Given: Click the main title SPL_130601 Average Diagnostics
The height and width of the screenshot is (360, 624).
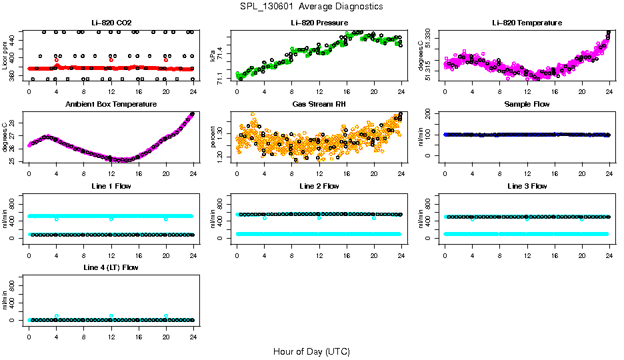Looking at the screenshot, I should pyautogui.click(x=312, y=6).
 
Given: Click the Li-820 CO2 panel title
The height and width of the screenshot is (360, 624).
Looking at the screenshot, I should pyautogui.click(x=111, y=23).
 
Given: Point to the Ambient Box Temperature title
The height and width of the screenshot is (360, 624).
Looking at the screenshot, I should pyautogui.click(x=111, y=104).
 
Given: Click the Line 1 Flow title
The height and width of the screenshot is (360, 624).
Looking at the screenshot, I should pyautogui.click(x=111, y=186).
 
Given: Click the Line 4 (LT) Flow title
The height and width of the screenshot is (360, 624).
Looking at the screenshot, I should pyautogui.click(x=111, y=267).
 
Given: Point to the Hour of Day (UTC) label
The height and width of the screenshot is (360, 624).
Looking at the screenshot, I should pyautogui.click(x=311, y=351).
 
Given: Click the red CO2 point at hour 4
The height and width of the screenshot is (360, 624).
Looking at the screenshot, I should pyautogui.click(x=57, y=60).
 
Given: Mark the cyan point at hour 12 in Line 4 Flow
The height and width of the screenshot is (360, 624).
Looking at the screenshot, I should pyautogui.click(x=111, y=316).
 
